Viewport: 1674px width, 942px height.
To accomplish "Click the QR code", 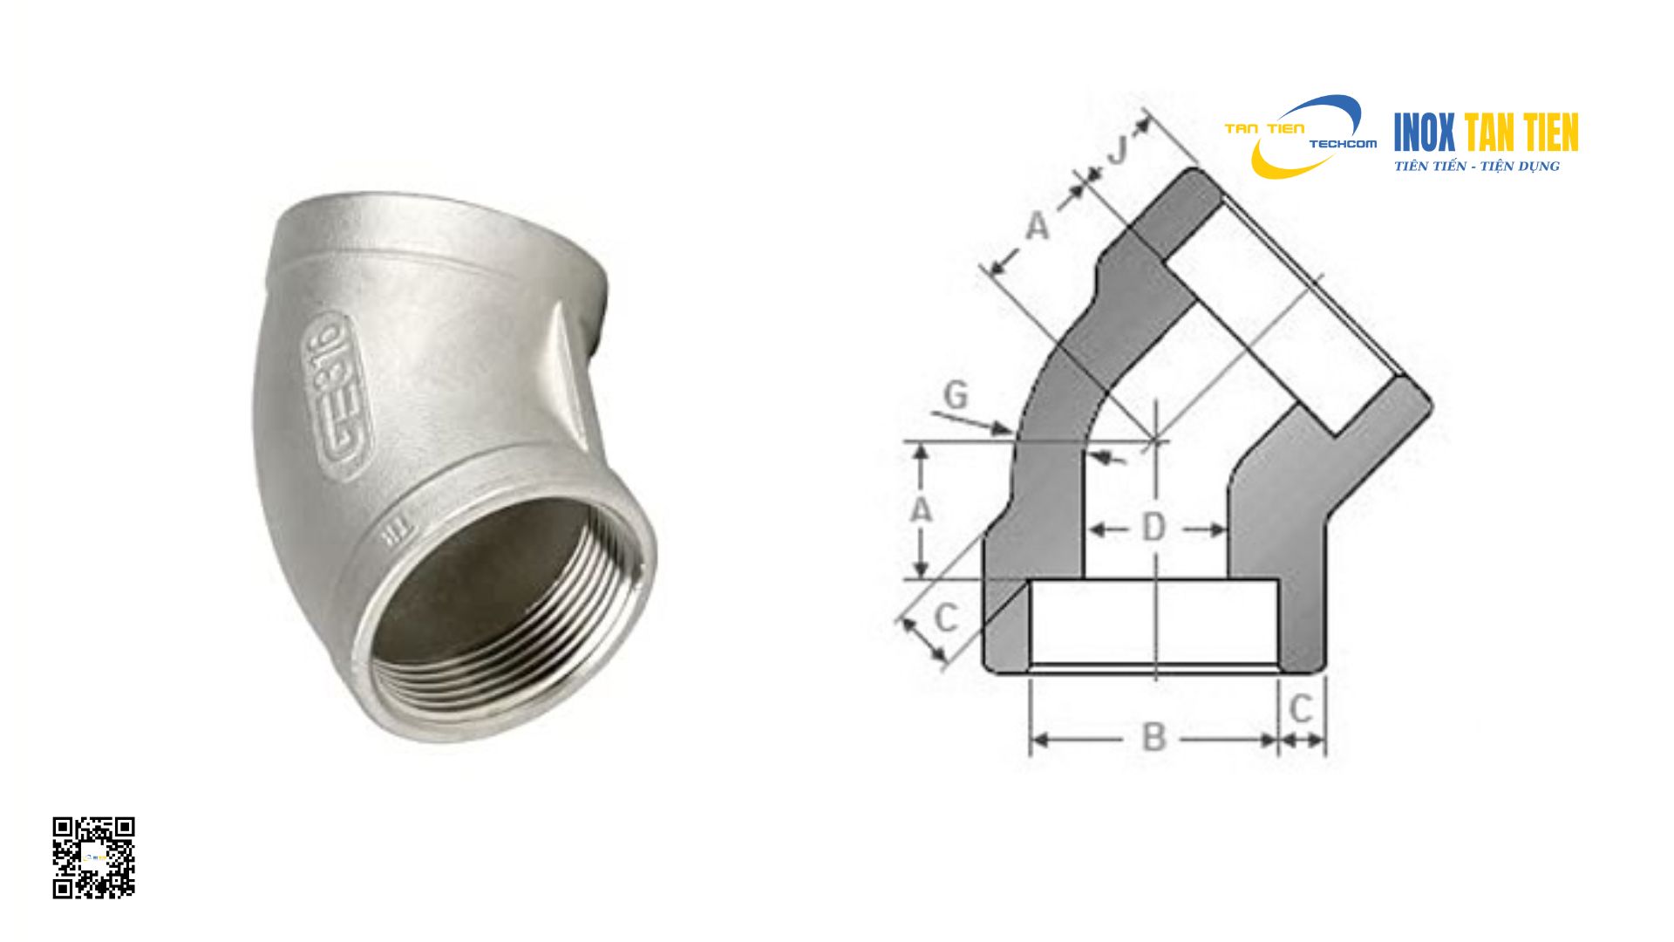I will click(93, 857).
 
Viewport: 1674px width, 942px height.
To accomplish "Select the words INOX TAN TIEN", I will click(1486, 133).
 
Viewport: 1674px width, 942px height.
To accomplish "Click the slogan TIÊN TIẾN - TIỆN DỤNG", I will click(1476, 167).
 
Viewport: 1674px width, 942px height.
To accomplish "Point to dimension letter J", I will click(1118, 150).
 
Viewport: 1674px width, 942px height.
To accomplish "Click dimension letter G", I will click(956, 395).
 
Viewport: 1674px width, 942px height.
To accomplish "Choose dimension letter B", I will click(1153, 738).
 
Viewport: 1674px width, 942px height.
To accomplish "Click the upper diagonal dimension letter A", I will click(1037, 226).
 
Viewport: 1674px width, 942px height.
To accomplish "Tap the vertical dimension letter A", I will click(921, 509).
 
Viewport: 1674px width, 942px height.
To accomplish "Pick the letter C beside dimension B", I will click(1300, 708).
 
